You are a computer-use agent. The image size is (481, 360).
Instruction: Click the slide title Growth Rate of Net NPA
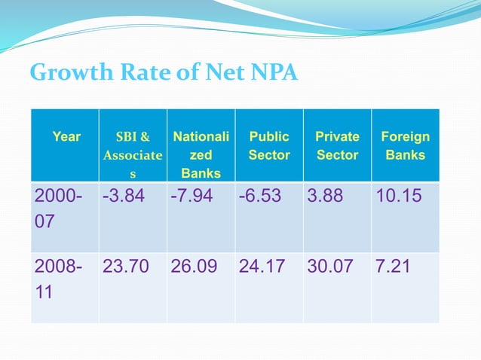164,73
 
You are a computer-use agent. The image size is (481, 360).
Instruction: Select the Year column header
66,137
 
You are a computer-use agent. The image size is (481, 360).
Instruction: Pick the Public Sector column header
269,146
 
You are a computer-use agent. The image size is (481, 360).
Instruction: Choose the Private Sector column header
337,146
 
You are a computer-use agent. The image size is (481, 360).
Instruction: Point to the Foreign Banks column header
405,146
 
